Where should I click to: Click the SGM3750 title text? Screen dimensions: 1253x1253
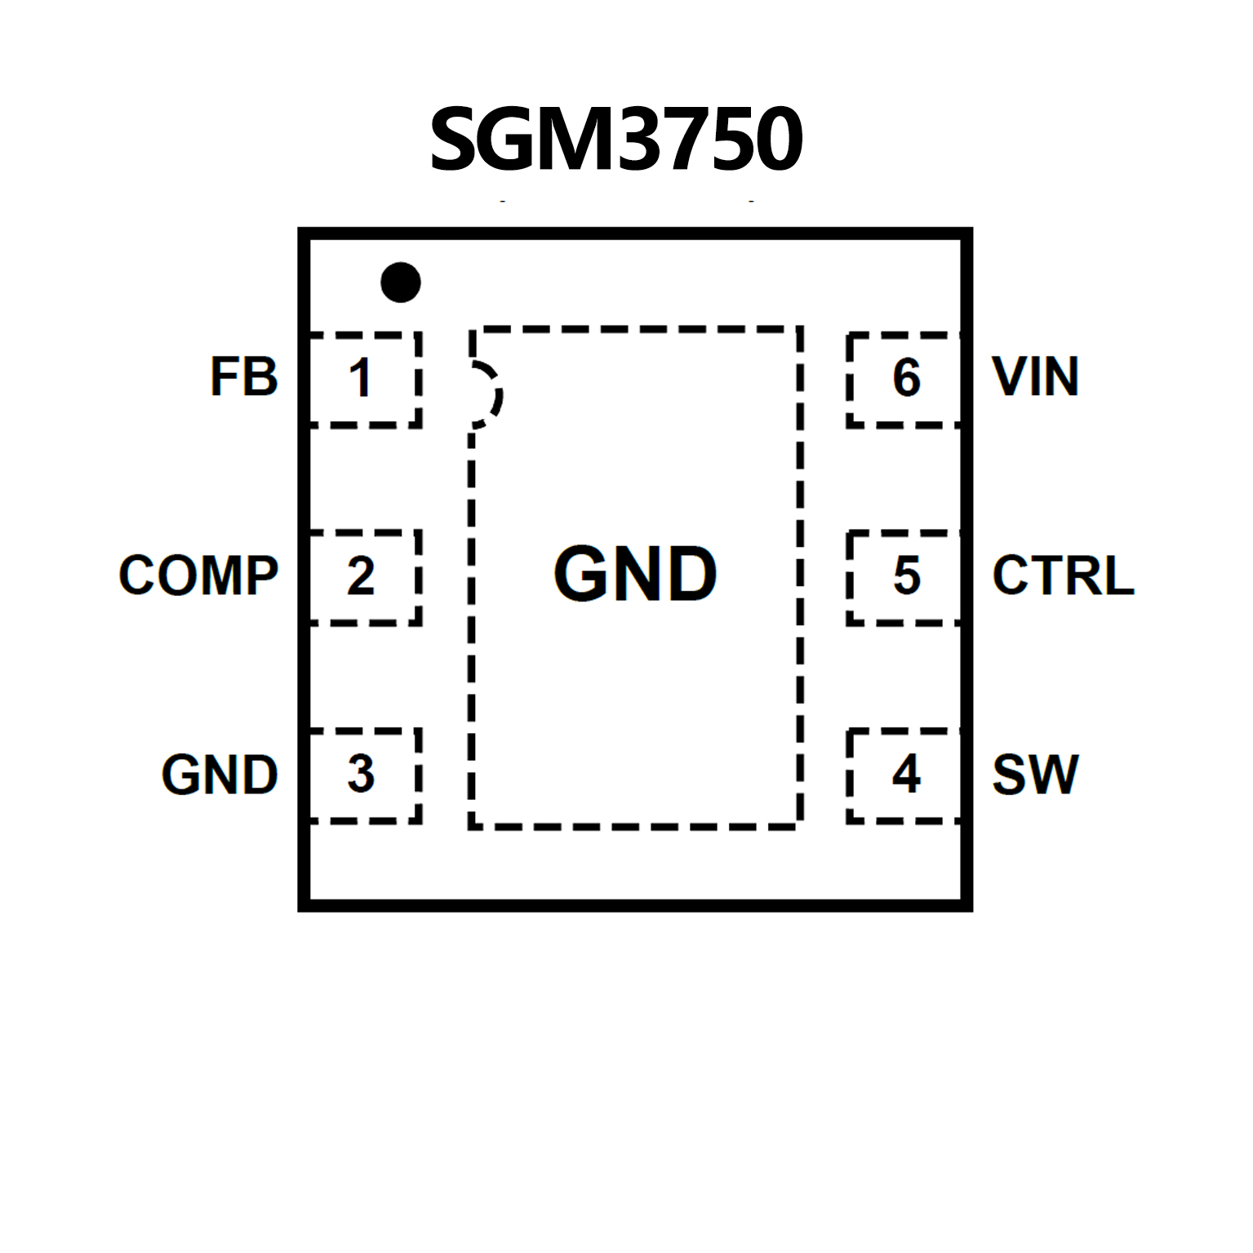616,140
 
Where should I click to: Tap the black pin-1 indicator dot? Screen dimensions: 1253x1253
401,282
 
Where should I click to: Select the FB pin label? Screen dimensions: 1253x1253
244,377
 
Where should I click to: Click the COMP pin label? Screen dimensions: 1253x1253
198,575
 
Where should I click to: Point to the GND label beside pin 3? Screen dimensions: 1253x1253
220,775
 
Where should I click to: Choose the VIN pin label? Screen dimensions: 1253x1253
1036,377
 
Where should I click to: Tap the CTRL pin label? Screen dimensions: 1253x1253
1063,575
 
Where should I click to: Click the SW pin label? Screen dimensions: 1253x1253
1035,775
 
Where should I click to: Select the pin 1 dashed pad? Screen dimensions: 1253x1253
364,380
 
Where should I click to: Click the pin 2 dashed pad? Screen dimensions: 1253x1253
364,577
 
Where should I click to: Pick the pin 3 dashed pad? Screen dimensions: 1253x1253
364,775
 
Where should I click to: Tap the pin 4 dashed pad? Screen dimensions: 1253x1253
904,775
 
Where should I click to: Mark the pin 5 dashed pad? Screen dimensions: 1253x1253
904,577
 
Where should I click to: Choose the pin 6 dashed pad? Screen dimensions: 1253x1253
904,380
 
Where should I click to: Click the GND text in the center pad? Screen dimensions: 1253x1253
635,575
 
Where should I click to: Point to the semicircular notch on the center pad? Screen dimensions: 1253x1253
487,394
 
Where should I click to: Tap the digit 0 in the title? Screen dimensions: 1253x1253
775,140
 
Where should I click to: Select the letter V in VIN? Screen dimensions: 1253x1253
1009,377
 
